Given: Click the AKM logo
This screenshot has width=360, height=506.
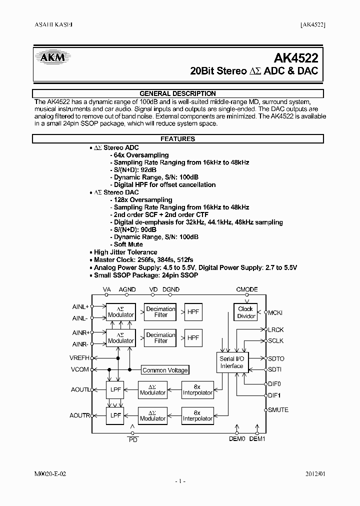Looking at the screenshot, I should pos(52,58).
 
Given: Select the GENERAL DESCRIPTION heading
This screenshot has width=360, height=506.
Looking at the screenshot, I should pos(177,93).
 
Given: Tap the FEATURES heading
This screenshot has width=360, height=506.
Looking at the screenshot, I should pos(177,139).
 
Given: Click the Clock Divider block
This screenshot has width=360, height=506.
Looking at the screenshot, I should pos(245,312).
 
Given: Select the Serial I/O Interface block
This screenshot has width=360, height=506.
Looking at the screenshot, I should pos(231,362).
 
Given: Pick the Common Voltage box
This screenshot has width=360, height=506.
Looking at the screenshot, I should pos(165,370).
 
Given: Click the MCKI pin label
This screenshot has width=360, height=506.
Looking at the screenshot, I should pos(275,313).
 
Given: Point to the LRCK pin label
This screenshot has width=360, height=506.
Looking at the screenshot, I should pos(276,330).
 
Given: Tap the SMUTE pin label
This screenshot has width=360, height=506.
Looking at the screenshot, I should pos(278,410).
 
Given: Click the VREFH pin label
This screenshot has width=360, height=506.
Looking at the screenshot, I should pos(80,358).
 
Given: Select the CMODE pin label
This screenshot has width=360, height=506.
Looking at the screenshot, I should pos(247,289).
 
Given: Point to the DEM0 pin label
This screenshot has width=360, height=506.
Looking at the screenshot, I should pos(236,439).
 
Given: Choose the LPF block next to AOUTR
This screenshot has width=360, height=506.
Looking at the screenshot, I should pos(116,415).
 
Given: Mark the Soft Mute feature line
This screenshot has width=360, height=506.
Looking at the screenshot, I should pos(128,244).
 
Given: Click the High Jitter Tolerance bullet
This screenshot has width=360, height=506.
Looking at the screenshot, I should pos(125,252).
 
